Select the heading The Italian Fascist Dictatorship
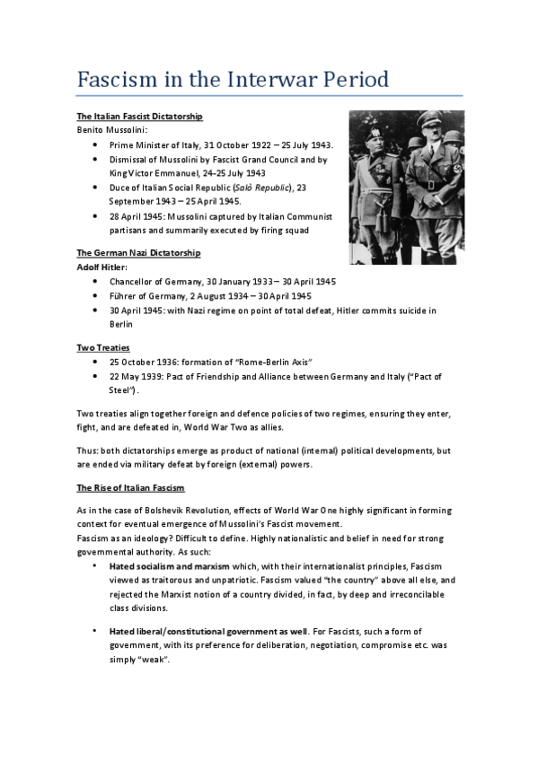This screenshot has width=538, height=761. (x=139, y=117)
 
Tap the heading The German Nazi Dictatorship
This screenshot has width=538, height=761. (x=138, y=253)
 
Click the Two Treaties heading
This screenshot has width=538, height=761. (x=103, y=346)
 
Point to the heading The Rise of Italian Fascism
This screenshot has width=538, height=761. (x=131, y=487)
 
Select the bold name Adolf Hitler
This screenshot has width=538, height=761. (x=101, y=267)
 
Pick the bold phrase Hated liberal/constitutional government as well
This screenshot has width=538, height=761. (x=204, y=632)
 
